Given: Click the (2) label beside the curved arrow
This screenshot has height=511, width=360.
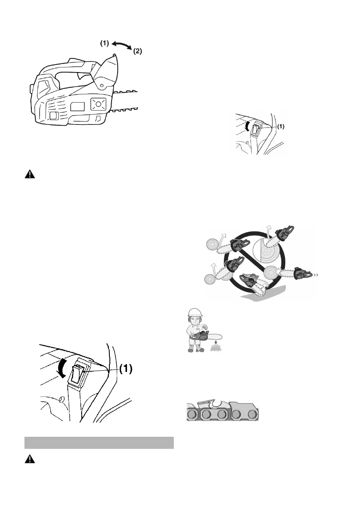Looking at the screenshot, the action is pos(137,51).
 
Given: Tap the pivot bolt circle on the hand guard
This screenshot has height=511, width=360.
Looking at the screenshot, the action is pos(102,85).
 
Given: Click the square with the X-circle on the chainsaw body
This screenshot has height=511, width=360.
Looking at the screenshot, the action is pos(98,105).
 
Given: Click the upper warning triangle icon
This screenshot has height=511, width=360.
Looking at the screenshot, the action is pos(30,174).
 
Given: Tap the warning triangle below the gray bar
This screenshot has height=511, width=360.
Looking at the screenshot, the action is pos(30,459).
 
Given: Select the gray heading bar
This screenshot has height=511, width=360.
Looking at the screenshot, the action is pos(99,442).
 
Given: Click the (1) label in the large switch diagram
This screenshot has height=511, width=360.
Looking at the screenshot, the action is pos(126,369).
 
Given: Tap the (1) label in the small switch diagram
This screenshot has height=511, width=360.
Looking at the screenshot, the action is pos(281,127).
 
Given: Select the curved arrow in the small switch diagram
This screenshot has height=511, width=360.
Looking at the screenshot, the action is pos(248,126).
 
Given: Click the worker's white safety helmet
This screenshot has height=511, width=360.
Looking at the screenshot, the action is pos(196,312).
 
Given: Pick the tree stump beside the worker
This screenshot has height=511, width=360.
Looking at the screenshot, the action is pos(216,348).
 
